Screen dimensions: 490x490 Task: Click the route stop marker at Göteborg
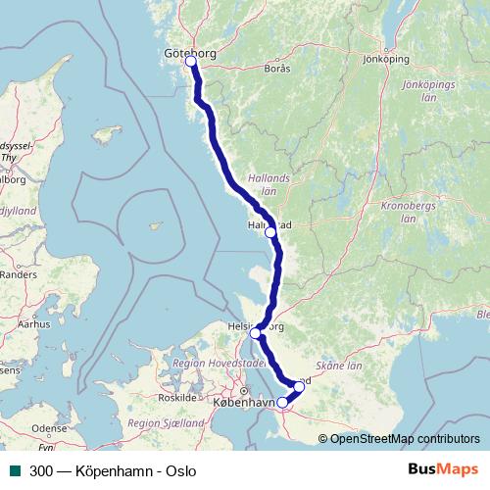click(190, 62)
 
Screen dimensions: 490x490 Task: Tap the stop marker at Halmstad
click(270, 233)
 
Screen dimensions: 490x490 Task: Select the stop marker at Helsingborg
click(255, 333)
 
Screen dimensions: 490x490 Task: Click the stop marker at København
click(282, 402)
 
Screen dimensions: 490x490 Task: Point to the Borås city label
click(278, 69)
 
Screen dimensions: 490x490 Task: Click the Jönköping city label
click(385, 59)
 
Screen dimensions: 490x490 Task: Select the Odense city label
click(49, 428)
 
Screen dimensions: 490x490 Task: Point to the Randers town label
click(18, 275)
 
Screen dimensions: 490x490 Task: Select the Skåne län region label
click(341, 364)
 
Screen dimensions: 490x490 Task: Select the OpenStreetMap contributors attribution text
click(405, 439)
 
